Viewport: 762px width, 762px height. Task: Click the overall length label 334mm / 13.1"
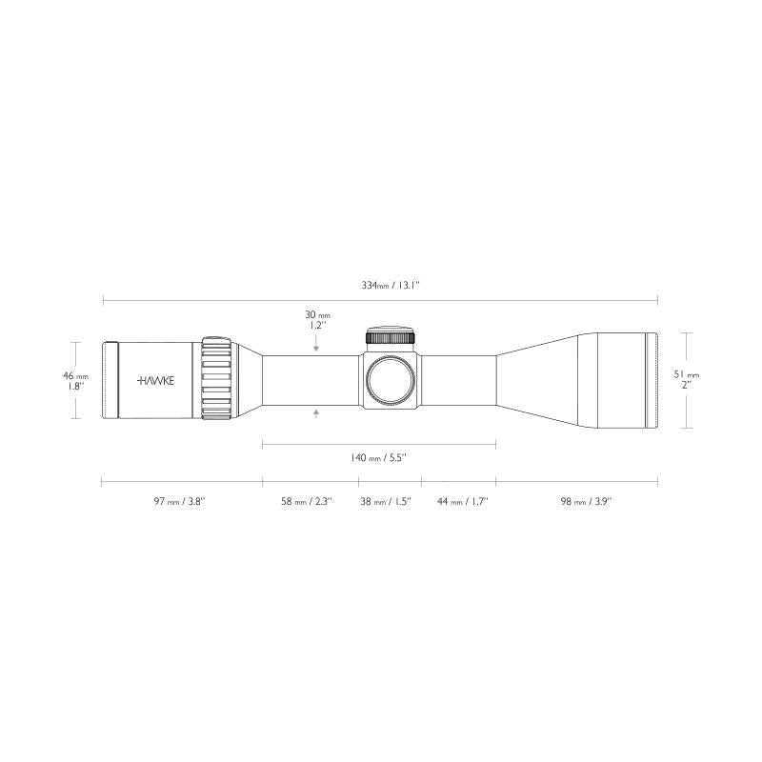tap(379, 285)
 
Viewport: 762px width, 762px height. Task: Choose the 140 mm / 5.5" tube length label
tap(379, 458)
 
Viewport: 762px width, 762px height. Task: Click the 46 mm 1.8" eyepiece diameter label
tap(76, 381)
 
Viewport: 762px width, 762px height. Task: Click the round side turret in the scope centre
tap(390, 379)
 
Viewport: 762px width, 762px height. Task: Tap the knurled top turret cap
tap(390, 337)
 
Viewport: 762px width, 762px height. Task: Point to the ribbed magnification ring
tap(217, 379)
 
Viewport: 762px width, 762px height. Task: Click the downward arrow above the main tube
tap(316, 349)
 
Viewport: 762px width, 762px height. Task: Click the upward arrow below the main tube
tap(316, 411)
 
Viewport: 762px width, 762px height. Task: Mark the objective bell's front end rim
tap(652, 380)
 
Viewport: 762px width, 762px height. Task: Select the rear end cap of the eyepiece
tap(110, 380)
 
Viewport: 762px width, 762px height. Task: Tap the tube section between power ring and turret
tap(310, 380)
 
